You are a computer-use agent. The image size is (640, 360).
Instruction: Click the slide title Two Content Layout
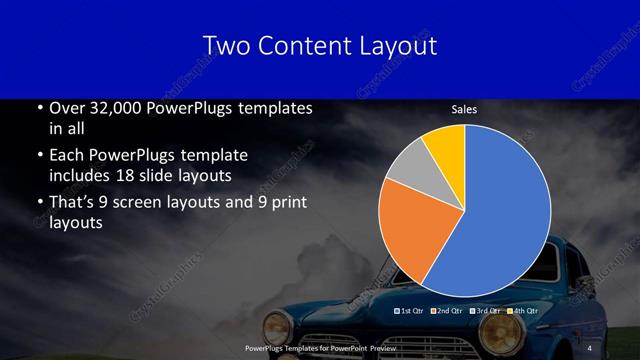click(319, 46)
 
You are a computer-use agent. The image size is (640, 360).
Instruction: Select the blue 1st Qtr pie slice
click(500, 210)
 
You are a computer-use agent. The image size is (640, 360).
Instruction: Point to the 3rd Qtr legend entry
click(486, 312)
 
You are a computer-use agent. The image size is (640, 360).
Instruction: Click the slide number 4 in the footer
click(589, 347)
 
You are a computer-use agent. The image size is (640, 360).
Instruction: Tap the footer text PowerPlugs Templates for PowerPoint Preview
click(319, 347)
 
